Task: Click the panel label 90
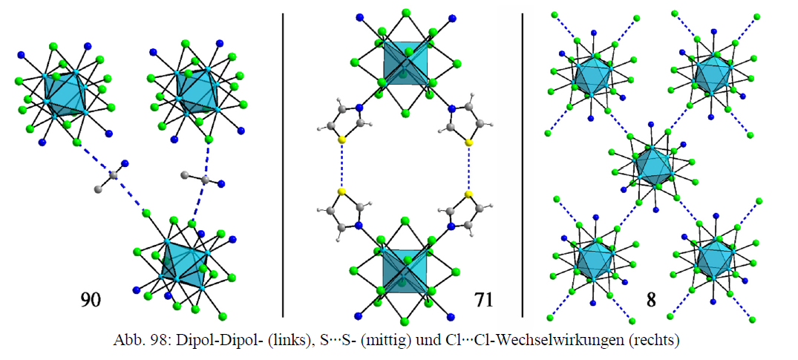91,300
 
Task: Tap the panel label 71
483,300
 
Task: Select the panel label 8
650,300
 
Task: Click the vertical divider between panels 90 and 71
284,163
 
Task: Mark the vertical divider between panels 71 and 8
523,163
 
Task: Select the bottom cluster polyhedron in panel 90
183,264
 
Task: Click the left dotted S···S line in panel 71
341,166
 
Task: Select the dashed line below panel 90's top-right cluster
200,182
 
